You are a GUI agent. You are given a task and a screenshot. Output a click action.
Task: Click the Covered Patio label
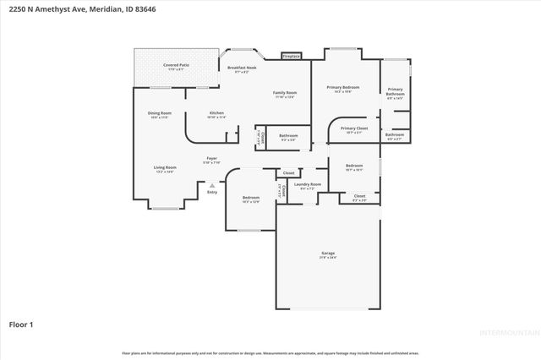[x=177, y=64]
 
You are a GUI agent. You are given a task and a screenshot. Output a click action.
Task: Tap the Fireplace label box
[x=292, y=56]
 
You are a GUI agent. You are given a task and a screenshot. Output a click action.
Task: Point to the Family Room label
[x=284, y=92]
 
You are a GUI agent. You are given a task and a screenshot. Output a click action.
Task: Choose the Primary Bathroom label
[x=396, y=90]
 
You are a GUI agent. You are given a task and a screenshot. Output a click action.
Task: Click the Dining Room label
[x=160, y=113]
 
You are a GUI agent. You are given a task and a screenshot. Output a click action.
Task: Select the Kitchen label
[x=216, y=113]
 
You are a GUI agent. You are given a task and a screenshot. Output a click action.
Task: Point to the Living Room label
[x=165, y=167]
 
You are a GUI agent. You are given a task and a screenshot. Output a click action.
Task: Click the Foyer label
[x=211, y=158]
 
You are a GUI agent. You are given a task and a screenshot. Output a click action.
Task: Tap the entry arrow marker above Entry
[x=212, y=185]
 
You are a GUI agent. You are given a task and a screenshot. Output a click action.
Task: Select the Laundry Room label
[x=306, y=184]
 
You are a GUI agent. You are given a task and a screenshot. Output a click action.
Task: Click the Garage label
[x=327, y=254]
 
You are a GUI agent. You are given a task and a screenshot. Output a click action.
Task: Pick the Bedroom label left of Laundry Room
[x=251, y=198]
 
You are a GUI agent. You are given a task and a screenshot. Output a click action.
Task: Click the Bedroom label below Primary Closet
[x=353, y=166]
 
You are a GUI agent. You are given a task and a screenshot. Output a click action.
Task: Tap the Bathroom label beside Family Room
[x=288, y=135]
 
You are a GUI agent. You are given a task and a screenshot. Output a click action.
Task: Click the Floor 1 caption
[x=21, y=324]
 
